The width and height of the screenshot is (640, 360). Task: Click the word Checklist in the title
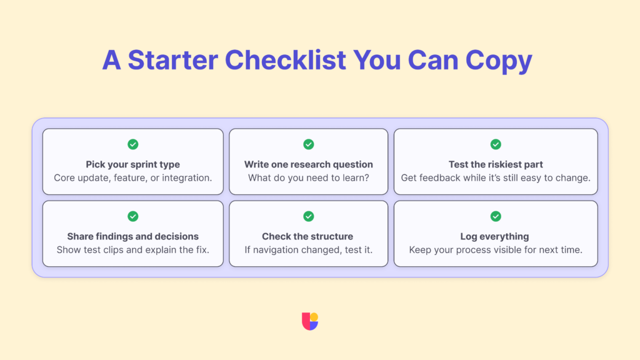[x=286, y=61]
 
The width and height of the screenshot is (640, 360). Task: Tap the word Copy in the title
[x=497, y=61]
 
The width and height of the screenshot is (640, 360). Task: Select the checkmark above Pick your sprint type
[x=133, y=144]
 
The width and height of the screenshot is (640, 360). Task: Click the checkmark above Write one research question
[x=309, y=144]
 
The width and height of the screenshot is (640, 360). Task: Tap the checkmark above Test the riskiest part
[x=496, y=144]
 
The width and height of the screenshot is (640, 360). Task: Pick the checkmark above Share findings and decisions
[x=133, y=216]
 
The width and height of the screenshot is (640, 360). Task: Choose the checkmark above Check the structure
[x=309, y=216]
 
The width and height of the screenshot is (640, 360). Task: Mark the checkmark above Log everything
[x=496, y=216]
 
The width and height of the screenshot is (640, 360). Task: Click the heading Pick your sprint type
[x=133, y=164]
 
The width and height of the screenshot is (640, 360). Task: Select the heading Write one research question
[x=309, y=164]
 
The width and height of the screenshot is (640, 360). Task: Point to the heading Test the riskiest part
[x=496, y=164]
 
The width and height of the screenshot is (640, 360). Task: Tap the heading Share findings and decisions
[x=133, y=236]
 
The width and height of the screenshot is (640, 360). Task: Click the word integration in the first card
[x=186, y=178]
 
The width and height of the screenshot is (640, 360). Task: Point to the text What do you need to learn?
[x=309, y=178]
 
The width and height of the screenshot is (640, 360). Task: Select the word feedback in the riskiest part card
[x=439, y=178]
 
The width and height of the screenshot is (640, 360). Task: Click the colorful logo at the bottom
[x=310, y=321]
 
